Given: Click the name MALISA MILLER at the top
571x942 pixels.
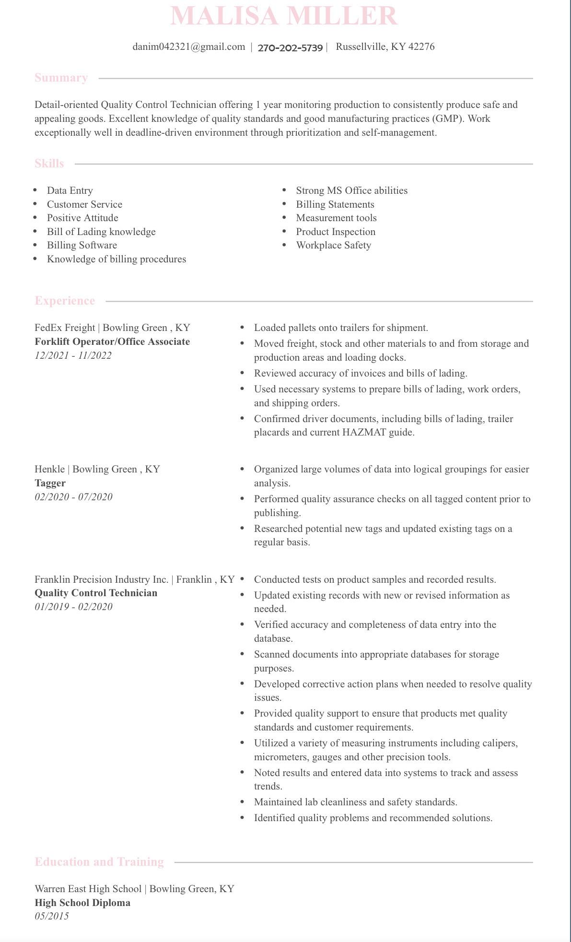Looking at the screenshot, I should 284,16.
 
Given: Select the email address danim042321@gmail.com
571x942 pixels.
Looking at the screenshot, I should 189,47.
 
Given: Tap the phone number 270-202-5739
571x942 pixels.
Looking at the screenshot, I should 290,47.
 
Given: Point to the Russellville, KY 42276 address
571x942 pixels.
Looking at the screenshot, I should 385,47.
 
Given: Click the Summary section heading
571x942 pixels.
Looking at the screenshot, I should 61,78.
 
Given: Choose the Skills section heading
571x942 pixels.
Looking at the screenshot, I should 49,164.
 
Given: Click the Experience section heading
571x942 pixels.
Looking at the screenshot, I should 65,301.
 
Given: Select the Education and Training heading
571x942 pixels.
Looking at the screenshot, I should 99,862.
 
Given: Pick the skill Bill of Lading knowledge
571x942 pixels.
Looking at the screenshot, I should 101,232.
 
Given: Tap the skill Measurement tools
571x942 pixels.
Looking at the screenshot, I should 336,218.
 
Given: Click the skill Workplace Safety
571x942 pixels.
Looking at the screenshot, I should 333,245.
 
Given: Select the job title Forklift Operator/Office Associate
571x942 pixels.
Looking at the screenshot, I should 112,341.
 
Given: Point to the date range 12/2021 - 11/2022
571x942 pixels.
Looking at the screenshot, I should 73,355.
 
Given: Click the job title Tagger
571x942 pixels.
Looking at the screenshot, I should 50,483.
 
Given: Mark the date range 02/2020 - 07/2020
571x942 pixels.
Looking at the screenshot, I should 73,496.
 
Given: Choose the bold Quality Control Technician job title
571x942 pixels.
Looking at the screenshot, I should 96,593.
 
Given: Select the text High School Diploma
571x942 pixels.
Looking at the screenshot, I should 82,903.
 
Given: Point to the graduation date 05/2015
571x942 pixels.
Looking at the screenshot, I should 52,916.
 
